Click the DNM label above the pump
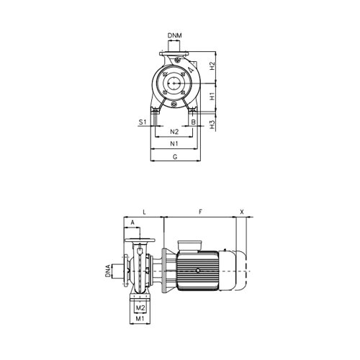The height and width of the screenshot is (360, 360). (x=175, y=35)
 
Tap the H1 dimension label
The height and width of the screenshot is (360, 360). (x=212, y=94)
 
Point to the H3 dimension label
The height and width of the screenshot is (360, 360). (x=212, y=123)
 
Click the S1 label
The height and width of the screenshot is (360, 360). (x=143, y=122)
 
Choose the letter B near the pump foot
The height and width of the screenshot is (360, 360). (x=194, y=122)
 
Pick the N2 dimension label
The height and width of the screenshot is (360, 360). (x=174, y=132)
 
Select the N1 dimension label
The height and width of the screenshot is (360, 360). (x=174, y=145)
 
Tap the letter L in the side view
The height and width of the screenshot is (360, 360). (x=145, y=212)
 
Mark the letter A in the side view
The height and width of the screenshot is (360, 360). (x=132, y=222)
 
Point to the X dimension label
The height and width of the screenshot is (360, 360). (x=241, y=212)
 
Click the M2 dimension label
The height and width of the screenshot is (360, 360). (x=141, y=308)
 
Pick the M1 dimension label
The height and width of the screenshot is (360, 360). (x=141, y=318)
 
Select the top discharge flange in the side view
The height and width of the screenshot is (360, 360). (x=141, y=239)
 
